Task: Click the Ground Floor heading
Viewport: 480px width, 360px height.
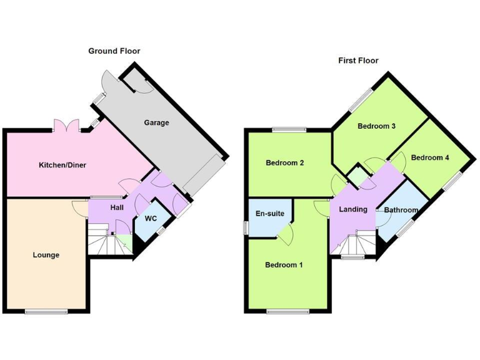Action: click(114, 51)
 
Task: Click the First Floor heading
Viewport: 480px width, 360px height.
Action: click(358, 61)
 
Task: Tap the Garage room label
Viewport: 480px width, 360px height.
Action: click(156, 122)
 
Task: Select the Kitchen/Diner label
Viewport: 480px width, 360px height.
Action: click(62, 165)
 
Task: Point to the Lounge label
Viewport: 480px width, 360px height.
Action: click(46, 255)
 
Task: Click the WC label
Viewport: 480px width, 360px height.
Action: click(151, 219)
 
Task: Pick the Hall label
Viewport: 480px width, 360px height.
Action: click(117, 207)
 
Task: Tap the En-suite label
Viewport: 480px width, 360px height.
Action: click(270, 214)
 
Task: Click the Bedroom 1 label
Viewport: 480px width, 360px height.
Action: click(284, 265)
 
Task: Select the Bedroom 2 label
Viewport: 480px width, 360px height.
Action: click(285, 163)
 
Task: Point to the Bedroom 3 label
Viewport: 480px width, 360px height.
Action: click(376, 126)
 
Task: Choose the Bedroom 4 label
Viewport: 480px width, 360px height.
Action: click(430, 157)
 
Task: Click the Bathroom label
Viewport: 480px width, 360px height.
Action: click(401, 210)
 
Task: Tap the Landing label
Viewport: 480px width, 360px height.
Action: click(353, 209)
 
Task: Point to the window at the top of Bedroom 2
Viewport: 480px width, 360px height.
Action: click(289, 130)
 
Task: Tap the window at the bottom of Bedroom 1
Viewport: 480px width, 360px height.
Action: click(287, 311)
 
